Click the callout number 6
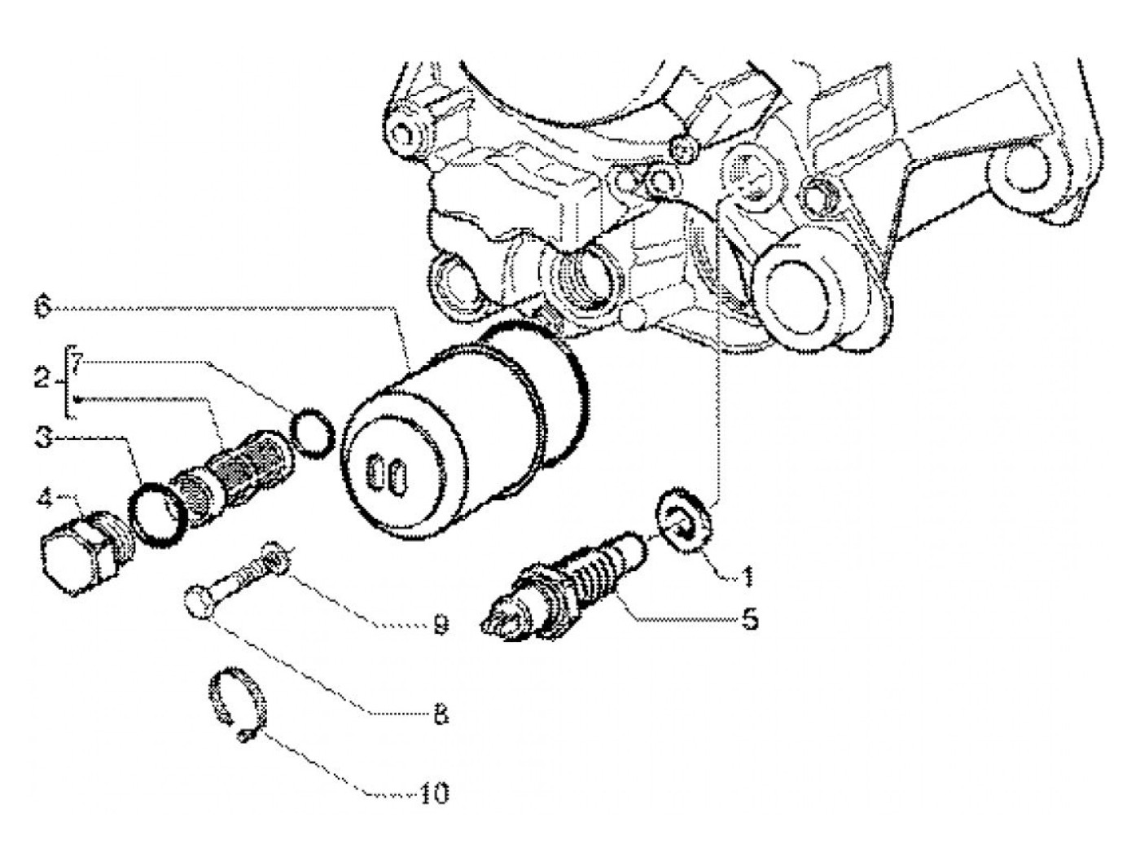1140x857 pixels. click(42, 308)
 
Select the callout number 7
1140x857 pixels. click(76, 359)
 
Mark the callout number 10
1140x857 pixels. click(434, 793)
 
